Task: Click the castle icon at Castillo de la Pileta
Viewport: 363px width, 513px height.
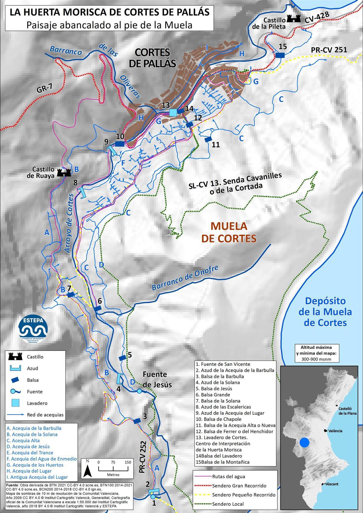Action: pyautogui.click(x=293, y=18)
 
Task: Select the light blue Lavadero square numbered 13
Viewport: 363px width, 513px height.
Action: pyautogui.click(x=173, y=113)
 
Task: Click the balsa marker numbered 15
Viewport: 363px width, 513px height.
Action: pyautogui.click(x=280, y=55)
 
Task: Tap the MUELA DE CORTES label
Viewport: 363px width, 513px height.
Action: pyautogui.click(x=229, y=232)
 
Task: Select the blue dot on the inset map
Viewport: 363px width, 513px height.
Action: pyautogui.click(x=305, y=443)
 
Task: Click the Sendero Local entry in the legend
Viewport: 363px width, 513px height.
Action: pyautogui.click(x=228, y=504)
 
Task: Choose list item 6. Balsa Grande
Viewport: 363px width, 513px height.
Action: pyautogui.click(x=213, y=395)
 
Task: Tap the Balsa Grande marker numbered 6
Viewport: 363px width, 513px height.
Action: pyautogui.click(x=97, y=309)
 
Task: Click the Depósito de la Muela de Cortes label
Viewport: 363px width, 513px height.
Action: pyautogui.click(x=325, y=312)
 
